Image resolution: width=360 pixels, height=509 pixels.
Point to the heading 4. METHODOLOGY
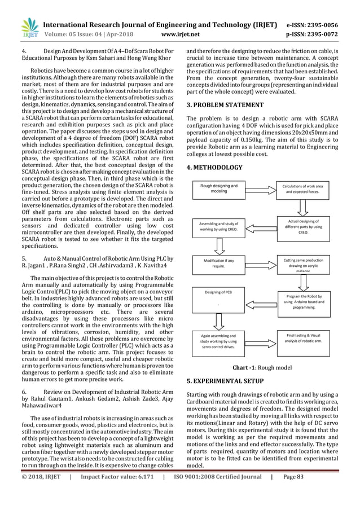[x=214, y=167]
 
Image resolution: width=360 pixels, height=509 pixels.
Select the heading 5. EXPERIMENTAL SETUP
[x=225, y=381]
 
